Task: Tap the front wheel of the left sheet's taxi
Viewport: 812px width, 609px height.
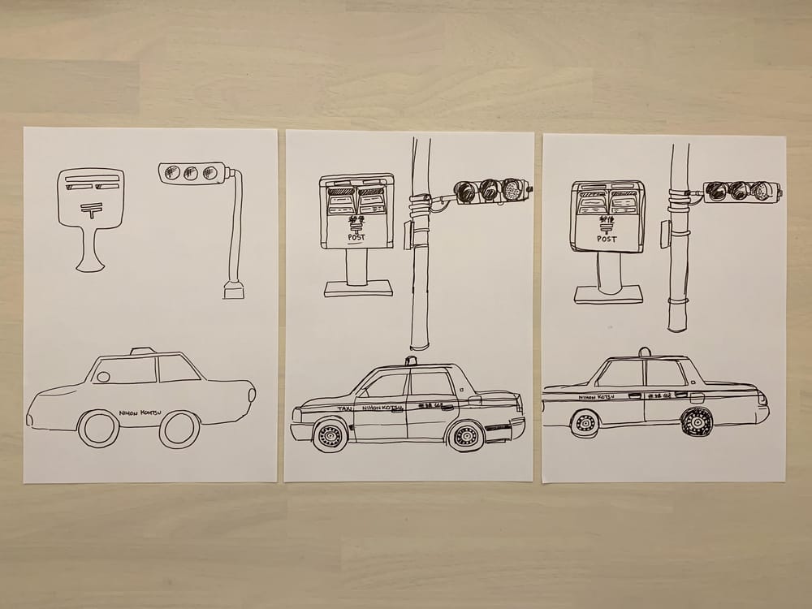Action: (x=99, y=428)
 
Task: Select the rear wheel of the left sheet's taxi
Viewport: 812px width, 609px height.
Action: (x=179, y=429)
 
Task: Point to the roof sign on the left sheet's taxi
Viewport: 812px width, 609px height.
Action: (x=143, y=351)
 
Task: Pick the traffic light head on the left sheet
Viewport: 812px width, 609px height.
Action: (x=192, y=173)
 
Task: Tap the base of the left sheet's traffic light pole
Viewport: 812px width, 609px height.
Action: (x=233, y=290)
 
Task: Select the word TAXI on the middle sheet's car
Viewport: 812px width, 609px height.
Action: (x=345, y=408)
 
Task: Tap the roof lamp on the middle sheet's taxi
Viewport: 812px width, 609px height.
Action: (x=411, y=361)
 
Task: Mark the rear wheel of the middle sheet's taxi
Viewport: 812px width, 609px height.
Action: (x=466, y=435)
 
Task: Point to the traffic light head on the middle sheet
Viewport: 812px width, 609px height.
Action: (x=490, y=191)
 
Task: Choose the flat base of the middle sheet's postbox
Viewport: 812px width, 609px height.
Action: (x=358, y=288)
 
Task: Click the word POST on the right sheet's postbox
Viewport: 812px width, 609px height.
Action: (x=607, y=239)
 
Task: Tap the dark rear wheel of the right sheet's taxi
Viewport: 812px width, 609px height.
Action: (x=697, y=421)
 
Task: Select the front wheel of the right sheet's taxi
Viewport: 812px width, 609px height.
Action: (x=585, y=422)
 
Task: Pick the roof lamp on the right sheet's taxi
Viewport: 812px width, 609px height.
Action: (x=645, y=352)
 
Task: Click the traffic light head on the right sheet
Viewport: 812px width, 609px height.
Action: (x=740, y=192)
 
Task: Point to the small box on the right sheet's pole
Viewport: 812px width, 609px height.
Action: (x=665, y=234)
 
